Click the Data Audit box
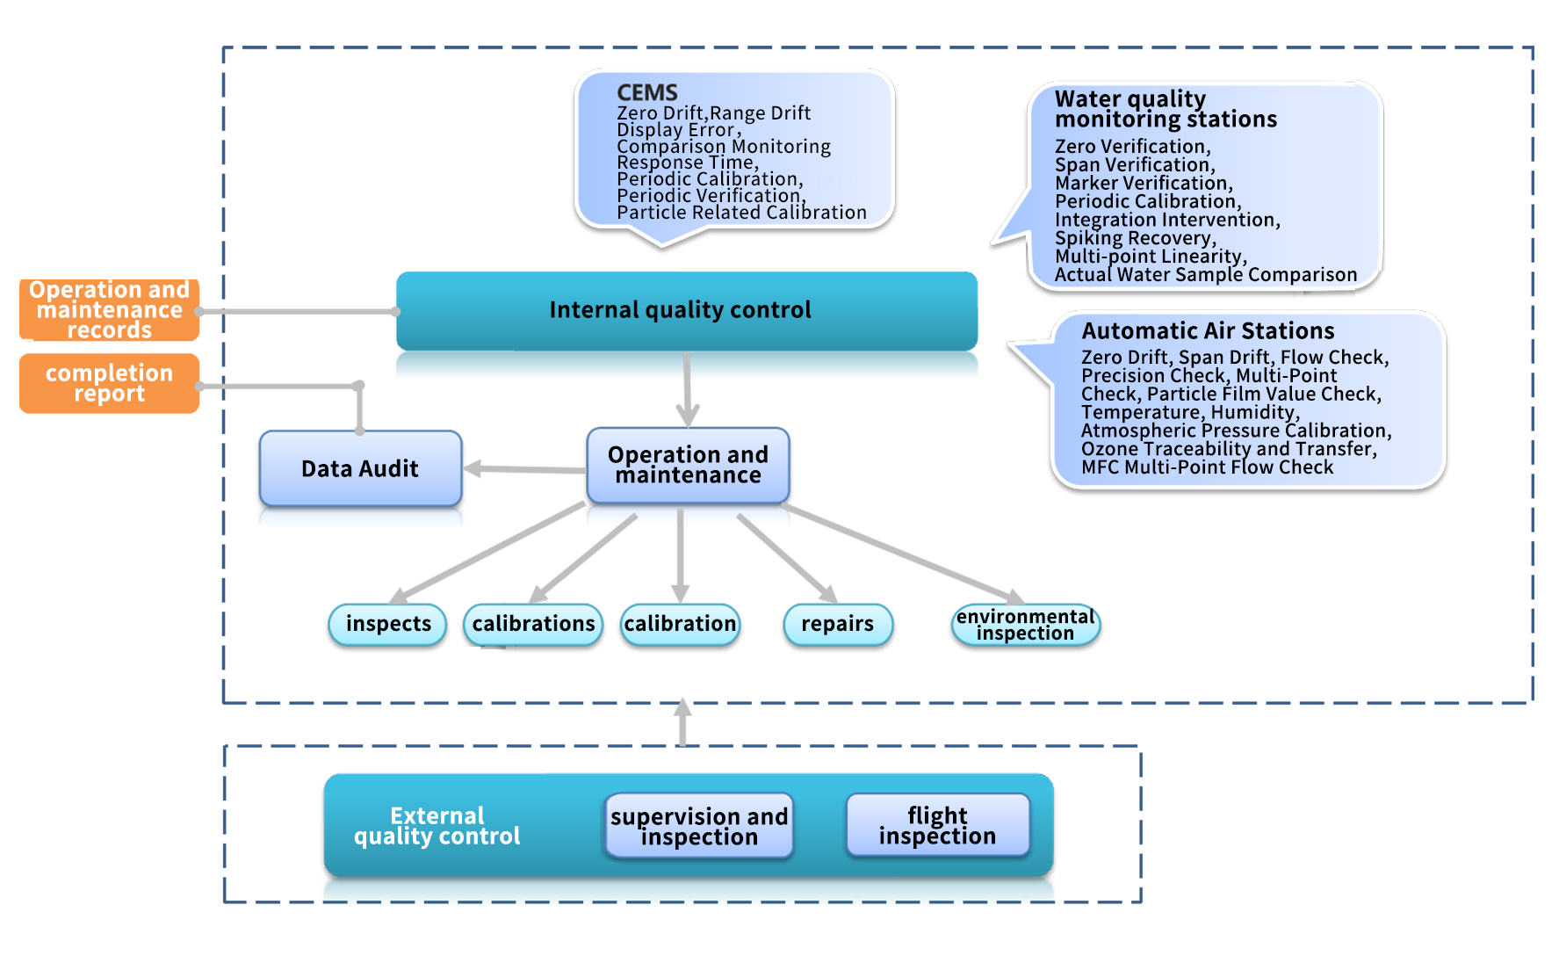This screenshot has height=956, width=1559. click(x=360, y=468)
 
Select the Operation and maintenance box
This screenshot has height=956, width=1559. click(x=688, y=465)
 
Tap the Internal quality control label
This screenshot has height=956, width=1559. click(x=680, y=310)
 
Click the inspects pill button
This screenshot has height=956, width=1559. click(x=388, y=624)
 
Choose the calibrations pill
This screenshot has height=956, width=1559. click(x=533, y=624)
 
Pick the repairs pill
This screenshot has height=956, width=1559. click(x=837, y=624)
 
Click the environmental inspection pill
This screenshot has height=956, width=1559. click(x=1025, y=625)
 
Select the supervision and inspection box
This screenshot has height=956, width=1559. click(x=699, y=826)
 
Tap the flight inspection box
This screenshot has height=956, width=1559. click(x=937, y=825)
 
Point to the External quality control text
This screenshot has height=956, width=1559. click(x=437, y=826)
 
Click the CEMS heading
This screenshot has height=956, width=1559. click(x=647, y=92)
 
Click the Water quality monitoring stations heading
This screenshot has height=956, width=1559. click(x=1165, y=109)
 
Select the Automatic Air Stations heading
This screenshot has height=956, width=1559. click(x=1208, y=331)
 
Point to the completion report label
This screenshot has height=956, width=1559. click(x=109, y=383)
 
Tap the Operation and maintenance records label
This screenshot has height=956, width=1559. click(x=109, y=309)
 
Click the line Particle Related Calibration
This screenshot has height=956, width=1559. click(x=741, y=213)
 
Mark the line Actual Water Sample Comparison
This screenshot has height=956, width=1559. click(x=1205, y=275)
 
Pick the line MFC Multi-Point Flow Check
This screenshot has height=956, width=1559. click(x=1207, y=467)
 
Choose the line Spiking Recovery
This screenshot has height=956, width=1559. click(x=1135, y=238)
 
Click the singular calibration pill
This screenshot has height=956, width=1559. click(x=680, y=624)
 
